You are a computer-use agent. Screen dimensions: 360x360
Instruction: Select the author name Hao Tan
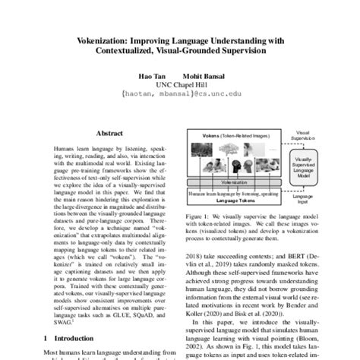[150, 75]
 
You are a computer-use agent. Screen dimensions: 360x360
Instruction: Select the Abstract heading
[111, 131]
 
